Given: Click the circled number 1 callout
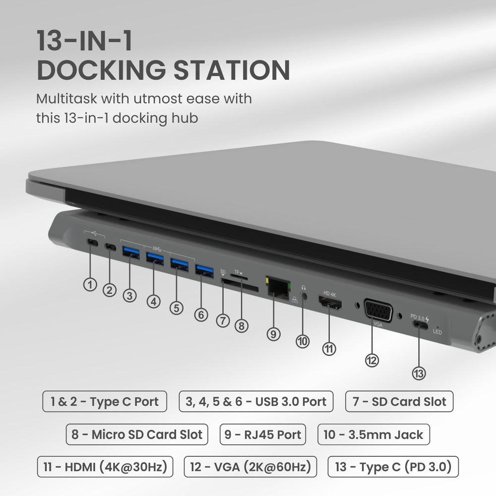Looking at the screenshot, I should coord(90,285).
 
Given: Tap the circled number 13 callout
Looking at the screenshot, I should coord(419,373).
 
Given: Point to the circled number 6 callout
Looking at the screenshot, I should coord(201,314).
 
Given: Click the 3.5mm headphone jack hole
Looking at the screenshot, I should coord(304,294).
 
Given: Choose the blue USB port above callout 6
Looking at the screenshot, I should coord(203,270).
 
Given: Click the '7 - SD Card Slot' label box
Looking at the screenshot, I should coord(399,401).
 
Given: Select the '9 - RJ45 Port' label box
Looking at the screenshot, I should coord(262,434).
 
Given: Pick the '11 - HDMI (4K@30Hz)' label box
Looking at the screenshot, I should coord(105,467).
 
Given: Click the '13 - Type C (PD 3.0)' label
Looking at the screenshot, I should coord(393,467).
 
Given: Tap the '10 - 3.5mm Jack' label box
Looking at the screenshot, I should coord(373,434).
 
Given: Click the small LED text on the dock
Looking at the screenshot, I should coord(437,332).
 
